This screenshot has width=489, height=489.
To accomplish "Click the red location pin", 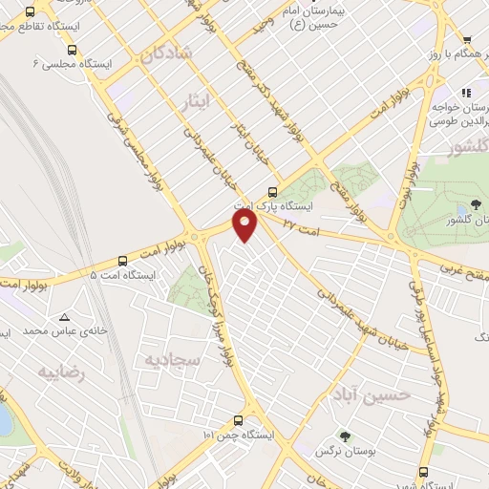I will [246, 225].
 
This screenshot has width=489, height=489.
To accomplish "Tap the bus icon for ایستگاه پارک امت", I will [275, 190].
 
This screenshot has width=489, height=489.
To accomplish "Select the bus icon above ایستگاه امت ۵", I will [122, 261].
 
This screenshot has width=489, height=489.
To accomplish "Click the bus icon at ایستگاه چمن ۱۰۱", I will [238, 420].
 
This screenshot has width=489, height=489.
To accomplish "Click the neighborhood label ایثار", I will [192, 98].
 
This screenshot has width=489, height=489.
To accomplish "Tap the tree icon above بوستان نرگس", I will [346, 436].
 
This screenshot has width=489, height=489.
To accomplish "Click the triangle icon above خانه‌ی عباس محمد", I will [64, 317].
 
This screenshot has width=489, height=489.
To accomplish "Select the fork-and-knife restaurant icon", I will [467, 93].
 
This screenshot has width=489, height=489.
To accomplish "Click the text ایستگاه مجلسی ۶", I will [73, 64].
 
